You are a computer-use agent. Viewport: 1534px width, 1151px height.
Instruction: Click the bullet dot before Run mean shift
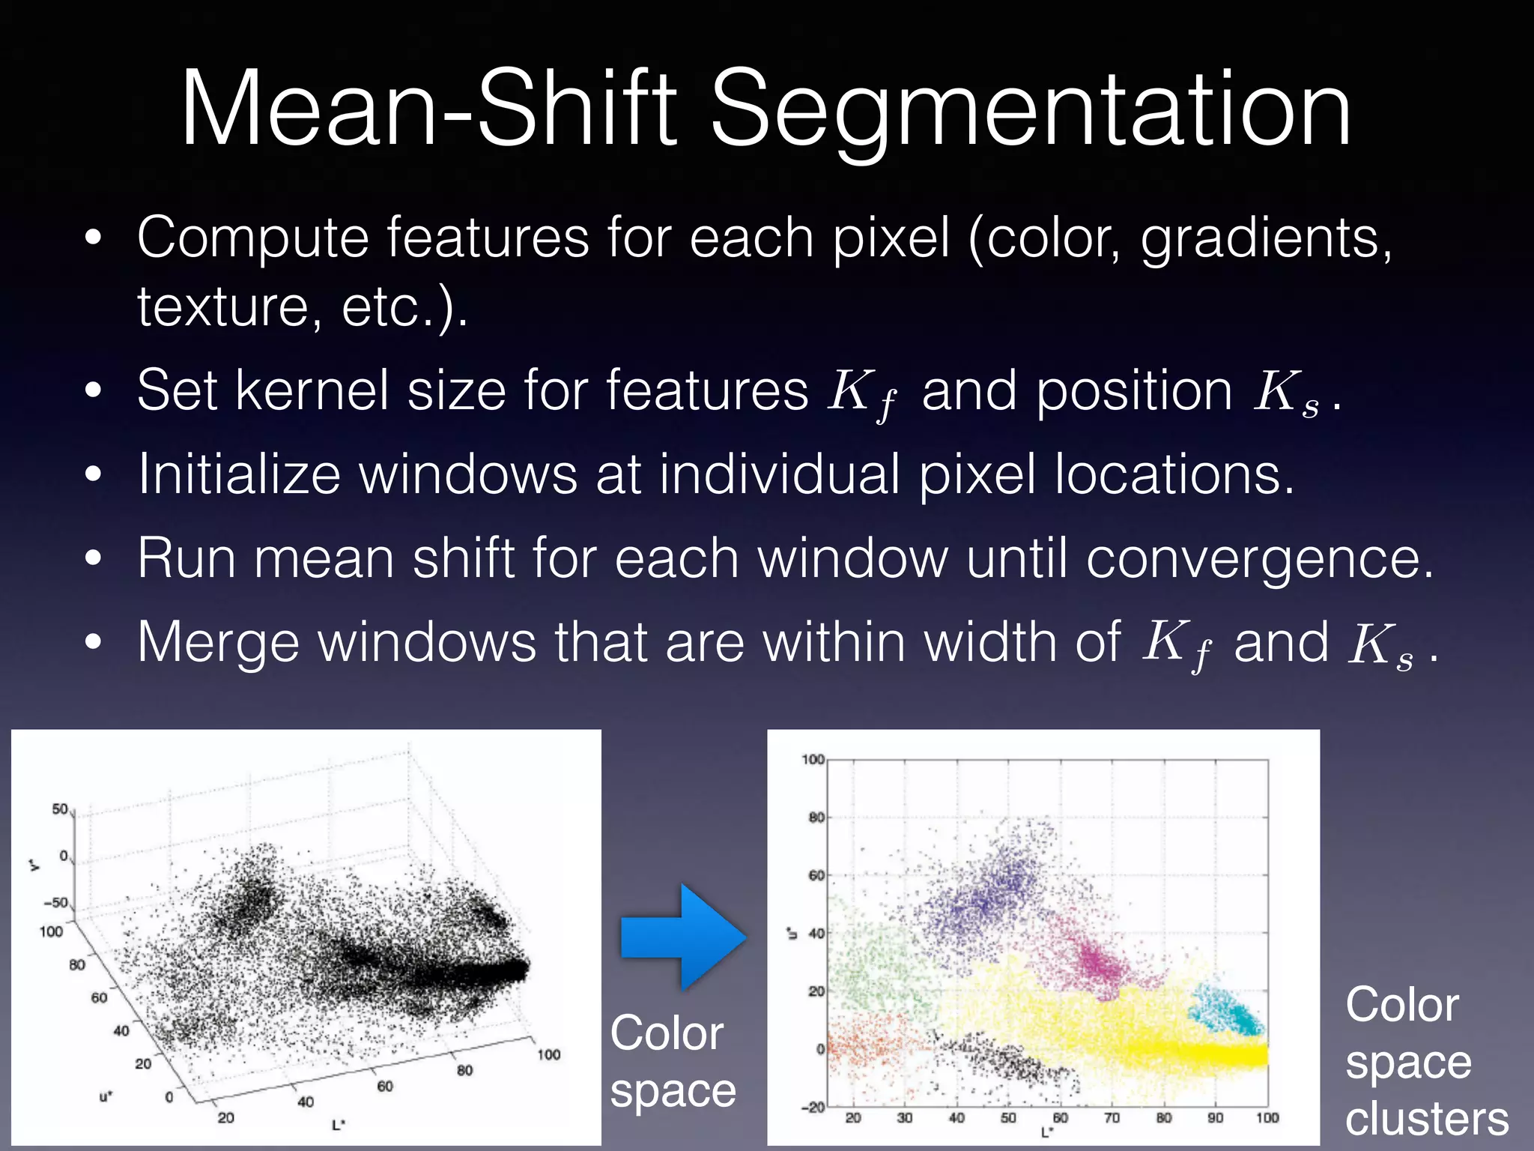coord(93,559)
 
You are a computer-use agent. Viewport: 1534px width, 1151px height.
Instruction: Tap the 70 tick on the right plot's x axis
coord(1112,1118)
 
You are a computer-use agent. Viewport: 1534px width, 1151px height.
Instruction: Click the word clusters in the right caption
coord(1426,1120)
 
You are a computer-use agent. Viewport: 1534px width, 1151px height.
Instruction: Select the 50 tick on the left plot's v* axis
coord(60,809)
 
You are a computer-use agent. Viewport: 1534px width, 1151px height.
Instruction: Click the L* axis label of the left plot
coord(339,1125)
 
